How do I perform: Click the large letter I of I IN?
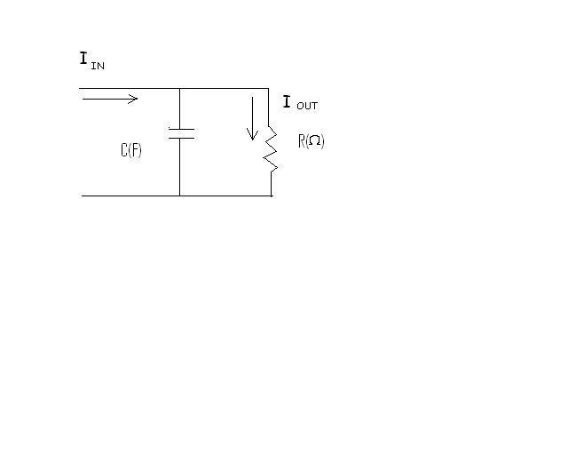click(83, 58)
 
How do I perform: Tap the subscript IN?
click(98, 66)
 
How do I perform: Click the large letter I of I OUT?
click(287, 101)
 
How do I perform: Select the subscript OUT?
click(307, 106)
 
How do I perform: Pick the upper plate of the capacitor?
click(181, 129)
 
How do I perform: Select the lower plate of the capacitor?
click(181, 138)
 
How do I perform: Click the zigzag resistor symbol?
click(270, 148)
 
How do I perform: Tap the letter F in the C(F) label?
click(135, 150)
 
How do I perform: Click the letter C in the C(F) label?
click(124, 150)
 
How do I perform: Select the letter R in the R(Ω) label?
click(302, 140)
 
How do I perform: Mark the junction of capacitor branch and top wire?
click(179, 88)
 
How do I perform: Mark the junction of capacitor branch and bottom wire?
click(179, 196)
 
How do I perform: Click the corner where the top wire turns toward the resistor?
click(268, 88)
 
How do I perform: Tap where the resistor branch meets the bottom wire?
click(272, 196)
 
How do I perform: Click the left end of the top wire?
click(79, 88)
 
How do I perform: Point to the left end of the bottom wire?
click(82, 196)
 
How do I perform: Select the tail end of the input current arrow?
click(83, 99)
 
